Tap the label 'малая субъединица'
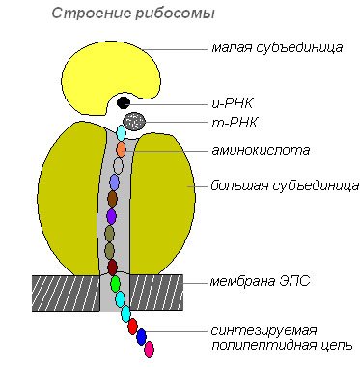tap(276, 48)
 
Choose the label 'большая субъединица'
tap(286, 183)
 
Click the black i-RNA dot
tap(124, 101)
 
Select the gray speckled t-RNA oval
tap(136, 121)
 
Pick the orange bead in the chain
tap(121, 150)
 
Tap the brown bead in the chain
tap(113, 199)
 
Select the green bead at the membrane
tap(115, 284)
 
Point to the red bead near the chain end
tap(132, 325)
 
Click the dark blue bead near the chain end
tap(141, 337)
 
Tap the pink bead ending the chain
tap(149, 350)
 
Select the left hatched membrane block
tap(66, 291)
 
